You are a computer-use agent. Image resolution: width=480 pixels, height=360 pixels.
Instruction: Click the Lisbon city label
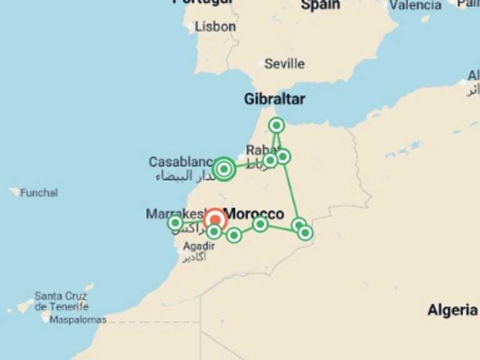point(215,27)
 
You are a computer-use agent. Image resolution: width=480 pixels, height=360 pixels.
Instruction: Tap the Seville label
point(284,64)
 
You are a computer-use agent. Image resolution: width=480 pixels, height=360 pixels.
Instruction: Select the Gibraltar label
point(274,99)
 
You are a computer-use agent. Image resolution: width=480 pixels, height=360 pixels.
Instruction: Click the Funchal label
point(39,192)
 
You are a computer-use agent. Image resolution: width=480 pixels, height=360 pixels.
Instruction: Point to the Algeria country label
point(452,310)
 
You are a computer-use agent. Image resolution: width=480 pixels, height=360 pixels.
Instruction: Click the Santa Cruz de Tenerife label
point(61,301)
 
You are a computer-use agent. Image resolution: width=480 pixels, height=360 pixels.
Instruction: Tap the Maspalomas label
point(77,319)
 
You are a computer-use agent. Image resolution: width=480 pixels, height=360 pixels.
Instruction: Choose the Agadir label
point(199,246)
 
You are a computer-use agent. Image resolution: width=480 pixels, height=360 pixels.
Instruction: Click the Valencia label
point(416,5)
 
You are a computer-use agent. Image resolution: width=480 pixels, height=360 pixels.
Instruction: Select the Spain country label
point(321,5)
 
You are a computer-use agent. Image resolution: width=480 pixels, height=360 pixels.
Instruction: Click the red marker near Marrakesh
point(215,219)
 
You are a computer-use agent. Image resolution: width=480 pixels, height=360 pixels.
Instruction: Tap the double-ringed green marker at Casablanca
point(224,169)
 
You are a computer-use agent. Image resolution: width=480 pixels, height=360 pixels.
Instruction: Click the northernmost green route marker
point(276,126)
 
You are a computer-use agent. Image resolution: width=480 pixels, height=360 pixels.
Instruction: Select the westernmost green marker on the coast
point(176,222)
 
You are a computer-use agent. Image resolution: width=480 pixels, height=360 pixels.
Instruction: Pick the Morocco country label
point(254,214)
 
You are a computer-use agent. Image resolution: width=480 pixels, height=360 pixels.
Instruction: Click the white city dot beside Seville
point(262,64)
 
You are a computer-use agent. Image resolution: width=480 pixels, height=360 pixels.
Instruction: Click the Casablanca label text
point(181,162)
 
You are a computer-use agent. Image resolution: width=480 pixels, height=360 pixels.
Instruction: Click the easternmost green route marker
point(305,232)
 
